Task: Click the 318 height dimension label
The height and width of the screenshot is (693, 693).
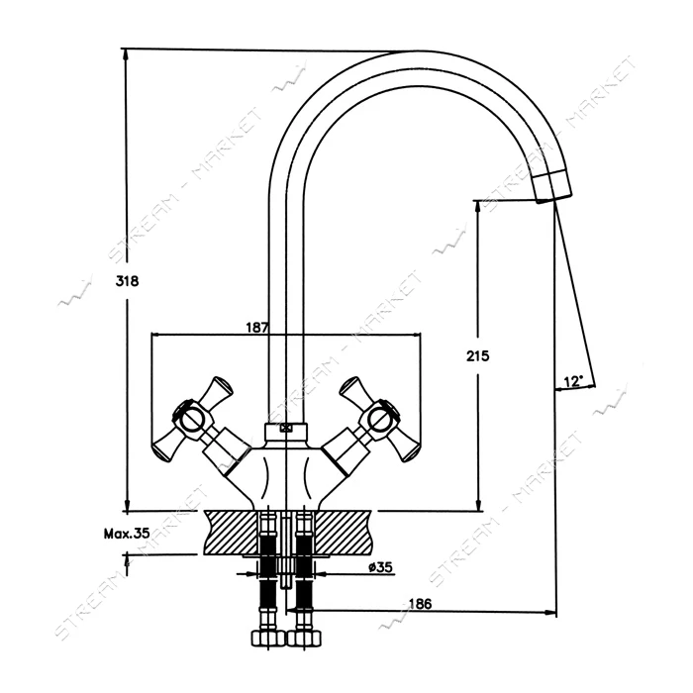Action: [127, 280]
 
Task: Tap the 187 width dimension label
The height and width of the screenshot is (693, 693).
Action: [257, 328]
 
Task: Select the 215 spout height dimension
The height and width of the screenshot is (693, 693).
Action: [478, 355]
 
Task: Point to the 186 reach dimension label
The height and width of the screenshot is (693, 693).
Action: [420, 603]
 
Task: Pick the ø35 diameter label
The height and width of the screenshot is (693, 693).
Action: [380, 566]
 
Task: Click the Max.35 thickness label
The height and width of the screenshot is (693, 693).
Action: [127, 534]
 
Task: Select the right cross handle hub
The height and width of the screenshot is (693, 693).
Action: [381, 419]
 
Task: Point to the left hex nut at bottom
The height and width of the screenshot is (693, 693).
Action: [267, 639]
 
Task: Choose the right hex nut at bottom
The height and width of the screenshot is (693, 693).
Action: [304, 639]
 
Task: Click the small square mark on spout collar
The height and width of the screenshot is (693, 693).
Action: [286, 429]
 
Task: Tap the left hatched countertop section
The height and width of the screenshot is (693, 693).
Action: [231, 533]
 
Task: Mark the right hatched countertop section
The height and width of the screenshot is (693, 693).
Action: [343, 533]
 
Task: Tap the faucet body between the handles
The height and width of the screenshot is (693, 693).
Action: [286, 474]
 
